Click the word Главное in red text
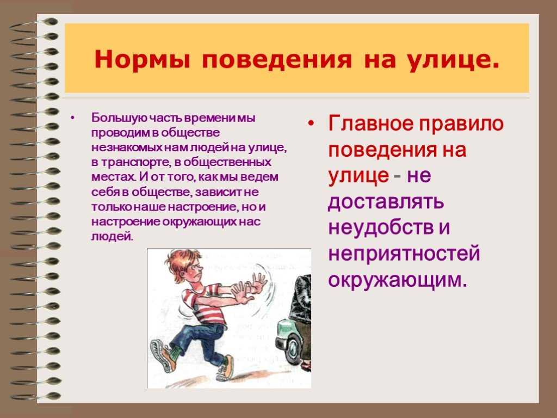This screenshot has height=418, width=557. [x=370, y=124]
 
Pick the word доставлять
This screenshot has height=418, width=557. [x=386, y=202]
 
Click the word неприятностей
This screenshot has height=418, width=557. [x=404, y=254]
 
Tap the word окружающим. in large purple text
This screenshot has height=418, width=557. [x=397, y=280]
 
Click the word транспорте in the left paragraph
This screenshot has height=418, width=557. [x=132, y=162]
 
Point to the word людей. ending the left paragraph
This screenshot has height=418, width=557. [x=112, y=236]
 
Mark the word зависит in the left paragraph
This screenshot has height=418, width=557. [x=218, y=192]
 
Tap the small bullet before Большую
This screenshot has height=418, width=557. [x=73, y=118]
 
